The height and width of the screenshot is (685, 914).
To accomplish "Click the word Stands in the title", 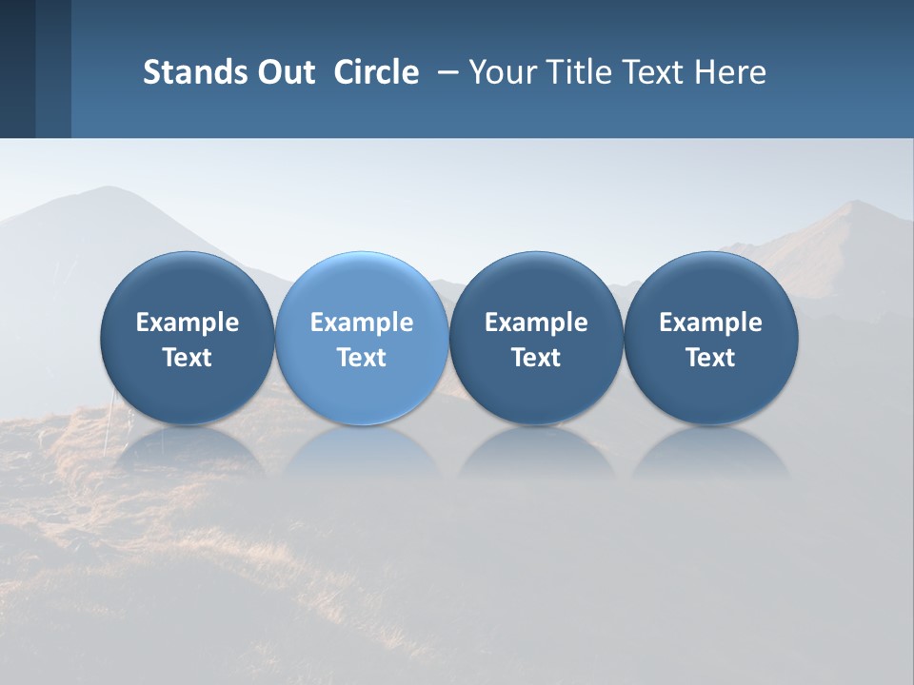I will pos(189,72).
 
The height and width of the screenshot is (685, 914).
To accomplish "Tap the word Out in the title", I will pos(284,72).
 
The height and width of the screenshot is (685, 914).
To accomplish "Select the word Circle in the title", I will pos(376,72).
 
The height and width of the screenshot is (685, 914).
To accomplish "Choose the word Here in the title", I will pos(732,72).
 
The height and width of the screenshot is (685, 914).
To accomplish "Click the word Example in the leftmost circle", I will pos(188,323).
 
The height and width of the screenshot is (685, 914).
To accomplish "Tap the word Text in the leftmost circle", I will pos(188,358).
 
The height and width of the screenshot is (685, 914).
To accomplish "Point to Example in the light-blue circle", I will pos(362,323).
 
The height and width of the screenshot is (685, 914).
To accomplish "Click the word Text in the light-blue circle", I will pos(362,358).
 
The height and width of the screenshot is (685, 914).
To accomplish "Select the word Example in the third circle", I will pos(536,323).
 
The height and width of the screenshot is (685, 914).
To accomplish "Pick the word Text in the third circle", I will pos(536,358).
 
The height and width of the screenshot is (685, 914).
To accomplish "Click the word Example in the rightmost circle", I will pos(710,323).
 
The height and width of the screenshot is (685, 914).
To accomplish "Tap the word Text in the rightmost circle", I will pos(710,358).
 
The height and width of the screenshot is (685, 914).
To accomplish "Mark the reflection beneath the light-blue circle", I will pos(362,452).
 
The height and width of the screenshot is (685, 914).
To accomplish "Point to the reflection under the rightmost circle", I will pos(710,452).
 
